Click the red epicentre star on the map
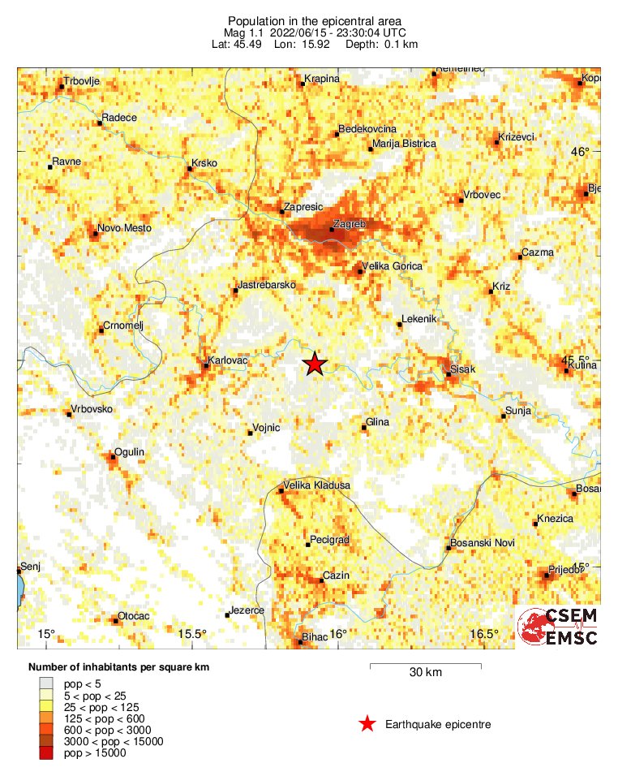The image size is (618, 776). (x=315, y=364)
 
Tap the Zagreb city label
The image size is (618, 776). (x=350, y=223)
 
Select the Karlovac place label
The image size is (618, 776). (x=226, y=359)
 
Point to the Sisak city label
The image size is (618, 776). (x=462, y=371)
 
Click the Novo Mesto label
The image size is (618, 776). (x=124, y=228)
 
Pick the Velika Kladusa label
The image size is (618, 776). (x=315, y=485)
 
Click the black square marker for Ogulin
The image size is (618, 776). (x=113, y=457)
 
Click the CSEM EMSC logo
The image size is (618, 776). (x=558, y=627)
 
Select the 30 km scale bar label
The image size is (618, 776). (x=425, y=673)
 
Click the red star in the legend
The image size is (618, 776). (x=367, y=724)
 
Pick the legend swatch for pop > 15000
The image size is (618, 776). (x=45, y=753)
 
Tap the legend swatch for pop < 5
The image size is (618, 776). (x=45, y=685)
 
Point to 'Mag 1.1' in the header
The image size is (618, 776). (x=244, y=32)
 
